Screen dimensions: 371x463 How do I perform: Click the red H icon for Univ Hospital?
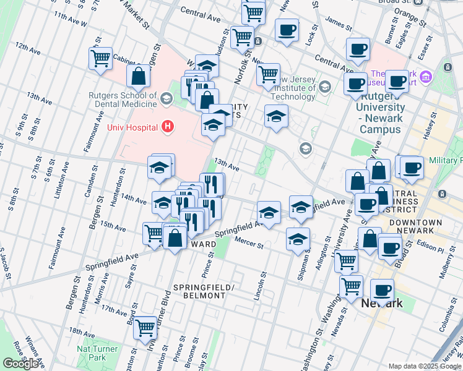pos(166,127)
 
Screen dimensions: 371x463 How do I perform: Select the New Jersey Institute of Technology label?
pos(295,88)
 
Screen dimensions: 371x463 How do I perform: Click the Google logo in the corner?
pos(21,364)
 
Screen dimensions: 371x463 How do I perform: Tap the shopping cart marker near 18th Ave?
pos(145,327)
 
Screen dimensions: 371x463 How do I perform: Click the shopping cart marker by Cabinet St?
pos(100,59)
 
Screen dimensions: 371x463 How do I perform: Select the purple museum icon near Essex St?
pos(425,77)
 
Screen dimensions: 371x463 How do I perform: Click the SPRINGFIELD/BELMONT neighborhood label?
pos(199,292)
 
